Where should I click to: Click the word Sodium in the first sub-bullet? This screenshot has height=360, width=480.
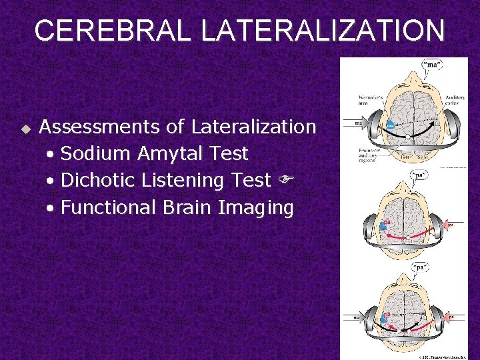tap(96, 154)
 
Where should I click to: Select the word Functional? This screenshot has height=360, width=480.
tap(108, 207)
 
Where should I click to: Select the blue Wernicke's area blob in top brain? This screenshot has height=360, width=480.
tap(390, 125)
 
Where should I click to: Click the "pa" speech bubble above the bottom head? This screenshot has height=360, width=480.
tap(422, 267)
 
